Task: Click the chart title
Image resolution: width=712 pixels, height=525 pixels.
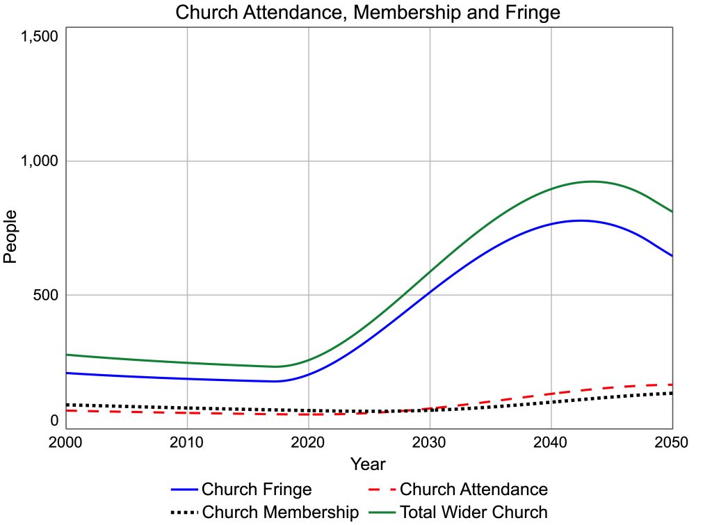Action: (368, 13)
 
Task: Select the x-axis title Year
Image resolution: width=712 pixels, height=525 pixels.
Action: (368, 464)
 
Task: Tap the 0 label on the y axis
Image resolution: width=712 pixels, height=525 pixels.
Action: (54, 420)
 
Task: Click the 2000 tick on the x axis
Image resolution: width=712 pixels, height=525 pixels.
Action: (66, 442)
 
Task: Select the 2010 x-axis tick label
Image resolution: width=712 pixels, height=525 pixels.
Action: (187, 442)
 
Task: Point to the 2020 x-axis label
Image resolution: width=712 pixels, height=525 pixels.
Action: (308, 442)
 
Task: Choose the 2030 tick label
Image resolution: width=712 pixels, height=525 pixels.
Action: (430, 442)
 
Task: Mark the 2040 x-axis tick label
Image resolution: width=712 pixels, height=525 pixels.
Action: (551, 442)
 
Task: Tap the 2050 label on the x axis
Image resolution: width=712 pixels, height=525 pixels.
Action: (672, 442)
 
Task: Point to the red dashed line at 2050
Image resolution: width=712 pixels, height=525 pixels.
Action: (671, 385)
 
